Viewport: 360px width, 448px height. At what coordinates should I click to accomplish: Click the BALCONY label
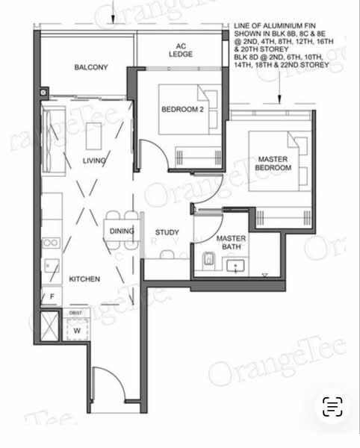[x=91, y=68]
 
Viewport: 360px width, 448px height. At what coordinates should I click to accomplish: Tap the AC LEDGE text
[x=180, y=49]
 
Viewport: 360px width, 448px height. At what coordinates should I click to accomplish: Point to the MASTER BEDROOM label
[x=273, y=164]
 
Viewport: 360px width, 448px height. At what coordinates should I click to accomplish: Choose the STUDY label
[x=167, y=232]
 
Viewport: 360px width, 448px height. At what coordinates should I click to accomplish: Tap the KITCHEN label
[x=84, y=279]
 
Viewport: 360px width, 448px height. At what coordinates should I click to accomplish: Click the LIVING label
[x=95, y=161]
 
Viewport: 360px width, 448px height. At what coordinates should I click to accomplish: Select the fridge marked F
[x=52, y=297]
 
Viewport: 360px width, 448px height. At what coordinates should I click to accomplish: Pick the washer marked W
[x=76, y=329]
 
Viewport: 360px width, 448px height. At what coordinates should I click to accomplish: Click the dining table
[x=122, y=231]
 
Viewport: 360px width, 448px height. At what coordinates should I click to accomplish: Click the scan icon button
[x=332, y=406]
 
